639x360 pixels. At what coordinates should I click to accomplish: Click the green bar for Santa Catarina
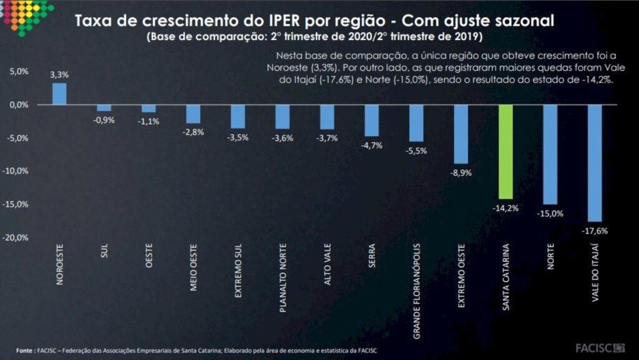(x=505, y=152)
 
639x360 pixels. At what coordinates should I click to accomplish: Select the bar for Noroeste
(x=59, y=94)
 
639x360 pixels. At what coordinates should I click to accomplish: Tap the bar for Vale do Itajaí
(x=595, y=163)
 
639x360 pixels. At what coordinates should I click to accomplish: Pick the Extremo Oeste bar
(x=461, y=134)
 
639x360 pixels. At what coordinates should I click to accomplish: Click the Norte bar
(x=550, y=154)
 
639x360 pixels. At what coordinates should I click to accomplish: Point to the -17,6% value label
(x=595, y=231)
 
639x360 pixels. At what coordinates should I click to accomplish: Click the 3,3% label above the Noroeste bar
(x=59, y=74)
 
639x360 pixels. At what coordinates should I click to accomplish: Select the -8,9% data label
(x=461, y=172)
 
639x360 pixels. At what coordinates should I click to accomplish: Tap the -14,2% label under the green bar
(x=505, y=208)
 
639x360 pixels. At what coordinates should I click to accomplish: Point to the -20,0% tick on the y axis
(x=17, y=238)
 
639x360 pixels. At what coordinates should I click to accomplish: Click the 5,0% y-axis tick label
(x=19, y=72)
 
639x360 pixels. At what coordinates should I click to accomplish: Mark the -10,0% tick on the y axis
(x=17, y=171)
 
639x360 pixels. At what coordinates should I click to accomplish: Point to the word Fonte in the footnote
(x=25, y=351)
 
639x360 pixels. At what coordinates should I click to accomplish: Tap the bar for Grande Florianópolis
(x=416, y=124)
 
